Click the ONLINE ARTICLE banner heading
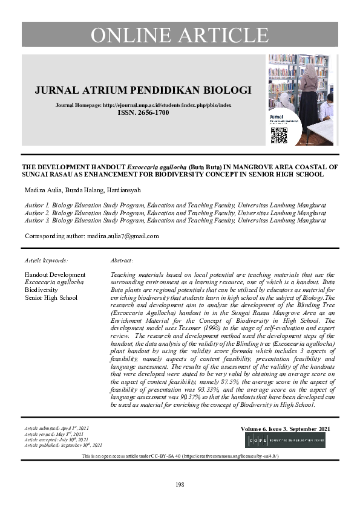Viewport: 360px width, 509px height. pyautogui.click(x=180, y=35)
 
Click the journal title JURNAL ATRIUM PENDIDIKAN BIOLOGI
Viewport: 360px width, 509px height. pyautogui.click(x=142, y=90)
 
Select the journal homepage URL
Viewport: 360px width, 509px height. pyautogui.click(x=167, y=105)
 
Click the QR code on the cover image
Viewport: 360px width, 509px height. pyautogui.click(x=278, y=135)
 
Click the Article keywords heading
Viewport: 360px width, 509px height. pyautogui.click(x=47, y=260)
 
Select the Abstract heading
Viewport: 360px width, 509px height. pyautogui.click(x=122, y=260)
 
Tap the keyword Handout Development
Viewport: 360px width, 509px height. pyautogui.click(x=54, y=275)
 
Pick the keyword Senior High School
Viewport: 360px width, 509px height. pyautogui.click(x=51, y=297)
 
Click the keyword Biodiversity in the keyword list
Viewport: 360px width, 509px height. pyautogui.click(x=41, y=290)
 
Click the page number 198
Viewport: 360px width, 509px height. pyautogui.click(x=180, y=485)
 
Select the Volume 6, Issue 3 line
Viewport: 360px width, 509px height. pyautogui.click(x=286, y=429)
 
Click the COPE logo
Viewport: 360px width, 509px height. pyautogui.click(x=284, y=439)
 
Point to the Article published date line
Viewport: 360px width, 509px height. pyautogui.click(x=63, y=445)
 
